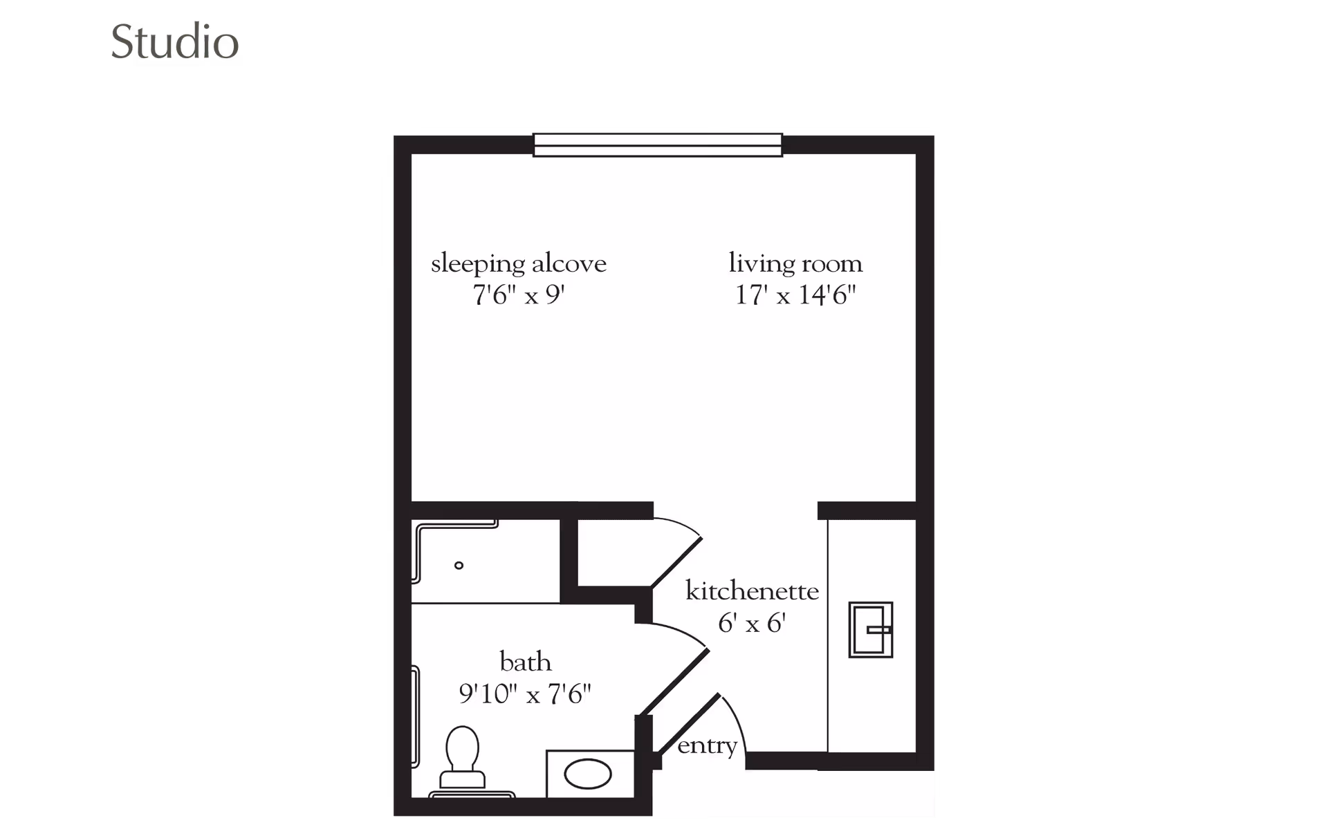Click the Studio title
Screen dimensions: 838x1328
click(x=175, y=43)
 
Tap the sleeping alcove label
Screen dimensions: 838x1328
click(x=519, y=264)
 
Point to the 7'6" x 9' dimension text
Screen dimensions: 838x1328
click(x=519, y=296)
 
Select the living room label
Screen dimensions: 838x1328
click(x=795, y=263)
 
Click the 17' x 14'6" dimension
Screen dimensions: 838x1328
click(x=795, y=296)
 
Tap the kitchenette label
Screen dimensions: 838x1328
click(x=752, y=592)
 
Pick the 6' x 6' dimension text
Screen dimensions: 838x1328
click(x=752, y=624)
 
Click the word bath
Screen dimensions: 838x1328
click(x=526, y=662)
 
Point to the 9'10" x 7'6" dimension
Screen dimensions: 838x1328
click(x=525, y=693)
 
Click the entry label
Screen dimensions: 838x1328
click(x=707, y=746)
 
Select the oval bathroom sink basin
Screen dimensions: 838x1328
click(x=588, y=774)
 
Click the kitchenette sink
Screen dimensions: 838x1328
click(x=871, y=630)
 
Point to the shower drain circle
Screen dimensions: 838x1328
click(x=459, y=566)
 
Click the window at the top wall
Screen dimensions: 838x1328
click(x=657, y=145)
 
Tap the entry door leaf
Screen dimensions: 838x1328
click(x=688, y=725)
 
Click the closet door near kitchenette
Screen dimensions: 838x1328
click(x=676, y=561)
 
